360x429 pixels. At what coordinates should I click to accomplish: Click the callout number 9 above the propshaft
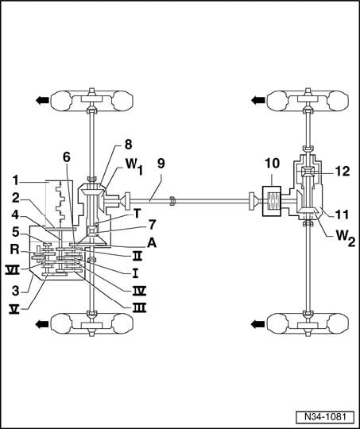click(x=161, y=164)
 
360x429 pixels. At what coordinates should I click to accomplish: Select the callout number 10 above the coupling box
click(x=272, y=163)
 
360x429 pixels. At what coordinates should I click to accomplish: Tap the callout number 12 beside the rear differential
click(x=342, y=172)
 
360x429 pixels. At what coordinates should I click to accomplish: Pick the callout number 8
click(x=129, y=145)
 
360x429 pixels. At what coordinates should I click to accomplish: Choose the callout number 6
click(x=66, y=157)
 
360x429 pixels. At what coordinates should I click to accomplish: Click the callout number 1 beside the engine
click(x=17, y=181)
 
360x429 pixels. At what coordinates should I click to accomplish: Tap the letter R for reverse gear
click(x=15, y=249)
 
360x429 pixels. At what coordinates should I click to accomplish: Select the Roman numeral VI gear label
click(x=13, y=271)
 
